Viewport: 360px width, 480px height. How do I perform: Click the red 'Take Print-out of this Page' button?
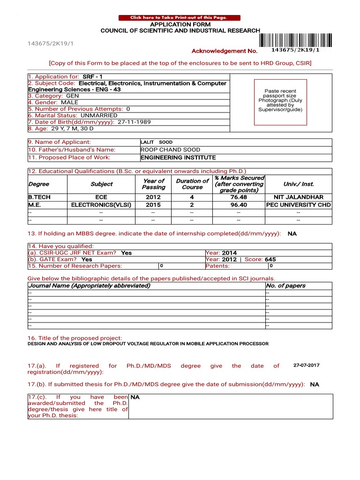click(x=179, y=18)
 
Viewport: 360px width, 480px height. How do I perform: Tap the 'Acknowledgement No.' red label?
click(x=225, y=51)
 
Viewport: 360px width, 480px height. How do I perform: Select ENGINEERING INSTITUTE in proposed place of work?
click(x=178, y=157)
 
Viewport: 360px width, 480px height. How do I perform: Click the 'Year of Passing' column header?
click(x=153, y=184)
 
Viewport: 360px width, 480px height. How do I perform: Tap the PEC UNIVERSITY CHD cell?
click(x=298, y=205)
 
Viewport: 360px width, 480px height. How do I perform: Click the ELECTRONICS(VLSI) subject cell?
click(x=101, y=205)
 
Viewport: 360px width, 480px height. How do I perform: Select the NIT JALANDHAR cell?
click(x=298, y=197)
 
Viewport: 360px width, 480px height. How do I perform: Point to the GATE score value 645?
click(x=270, y=259)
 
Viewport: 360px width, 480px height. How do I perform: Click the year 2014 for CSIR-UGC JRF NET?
click(x=229, y=253)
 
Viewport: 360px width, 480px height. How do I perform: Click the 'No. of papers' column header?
click(x=285, y=285)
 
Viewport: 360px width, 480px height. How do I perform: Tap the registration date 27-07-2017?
click(x=307, y=365)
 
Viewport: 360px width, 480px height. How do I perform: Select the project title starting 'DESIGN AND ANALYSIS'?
click(x=148, y=344)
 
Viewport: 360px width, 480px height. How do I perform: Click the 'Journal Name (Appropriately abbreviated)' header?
click(x=90, y=285)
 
